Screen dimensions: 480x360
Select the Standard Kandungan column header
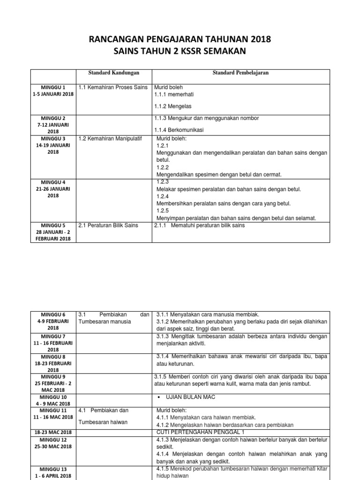point(114,73)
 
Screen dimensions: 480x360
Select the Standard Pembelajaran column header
point(240,73)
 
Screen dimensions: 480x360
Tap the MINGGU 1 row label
point(54,87)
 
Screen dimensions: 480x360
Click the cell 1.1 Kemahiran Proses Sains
point(113,87)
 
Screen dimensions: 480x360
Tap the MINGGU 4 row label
point(54,182)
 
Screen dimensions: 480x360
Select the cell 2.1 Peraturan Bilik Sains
point(108,225)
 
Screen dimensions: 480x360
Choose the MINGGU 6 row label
point(54,315)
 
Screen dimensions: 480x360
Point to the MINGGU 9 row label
point(54,376)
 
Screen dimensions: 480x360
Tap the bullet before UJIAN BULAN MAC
point(160,397)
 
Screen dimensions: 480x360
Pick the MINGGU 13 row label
point(54,469)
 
